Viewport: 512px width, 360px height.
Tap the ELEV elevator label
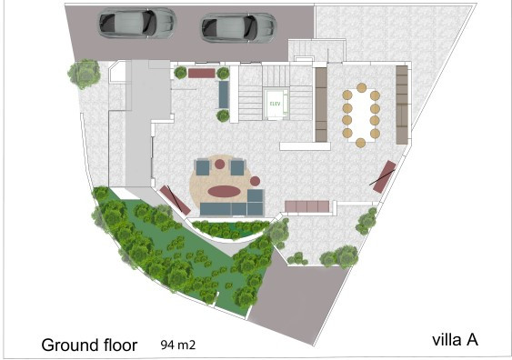tap(274, 104)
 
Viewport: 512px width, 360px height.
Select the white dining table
tap(362, 114)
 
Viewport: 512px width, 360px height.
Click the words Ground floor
tap(89, 345)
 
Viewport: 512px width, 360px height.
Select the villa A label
tap(455, 341)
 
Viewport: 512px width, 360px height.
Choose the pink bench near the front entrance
tap(202, 72)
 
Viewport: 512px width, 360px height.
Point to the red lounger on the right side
tap(383, 176)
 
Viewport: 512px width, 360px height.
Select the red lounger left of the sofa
tap(173, 198)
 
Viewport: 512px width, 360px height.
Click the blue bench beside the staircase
tap(223, 95)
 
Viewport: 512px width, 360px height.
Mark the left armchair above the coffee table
tap(203, 167)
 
